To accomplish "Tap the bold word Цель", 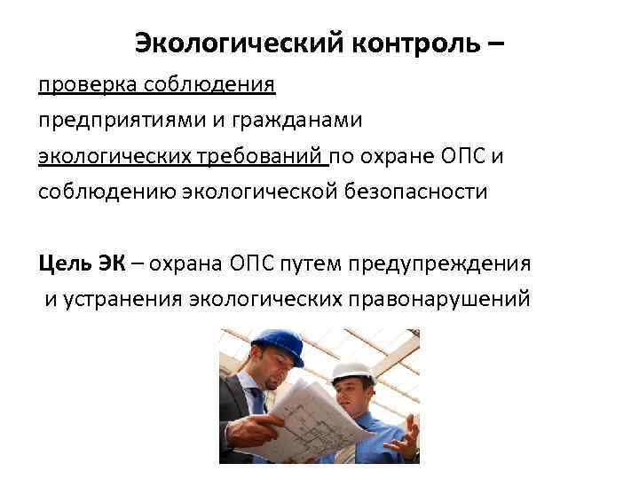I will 63,263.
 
